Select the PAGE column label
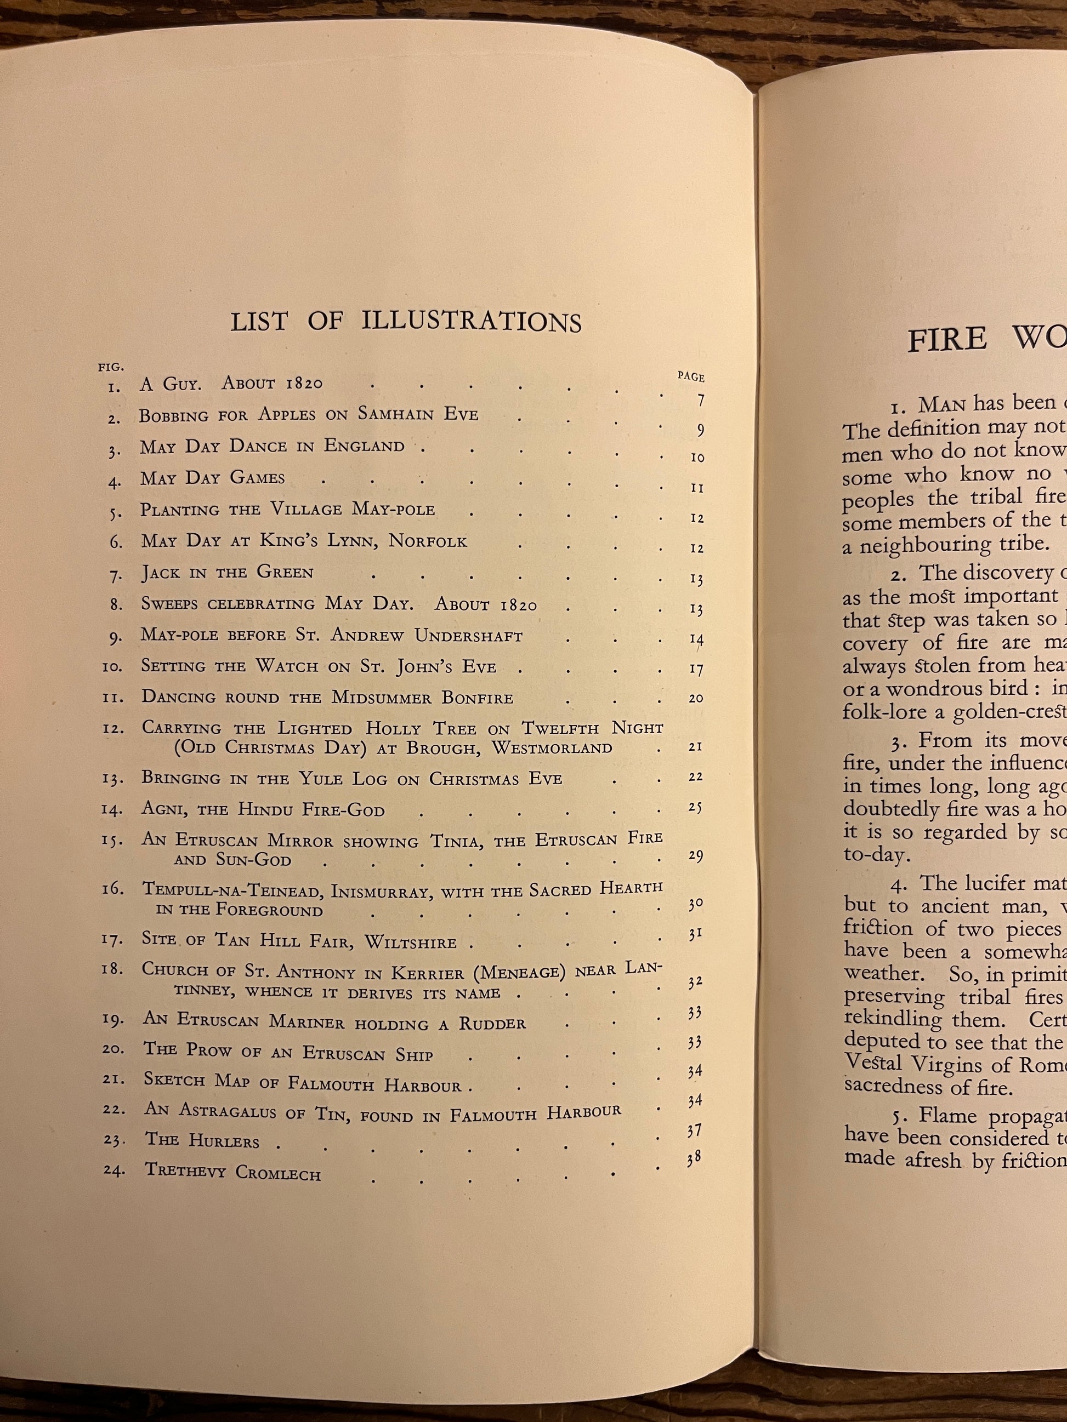click(691, 378)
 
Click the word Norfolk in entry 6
click(428, 541)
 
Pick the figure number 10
click(111, 667)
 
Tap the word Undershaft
click(468, 636)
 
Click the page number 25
click(695, 807)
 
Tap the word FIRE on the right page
click(947, 339)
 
